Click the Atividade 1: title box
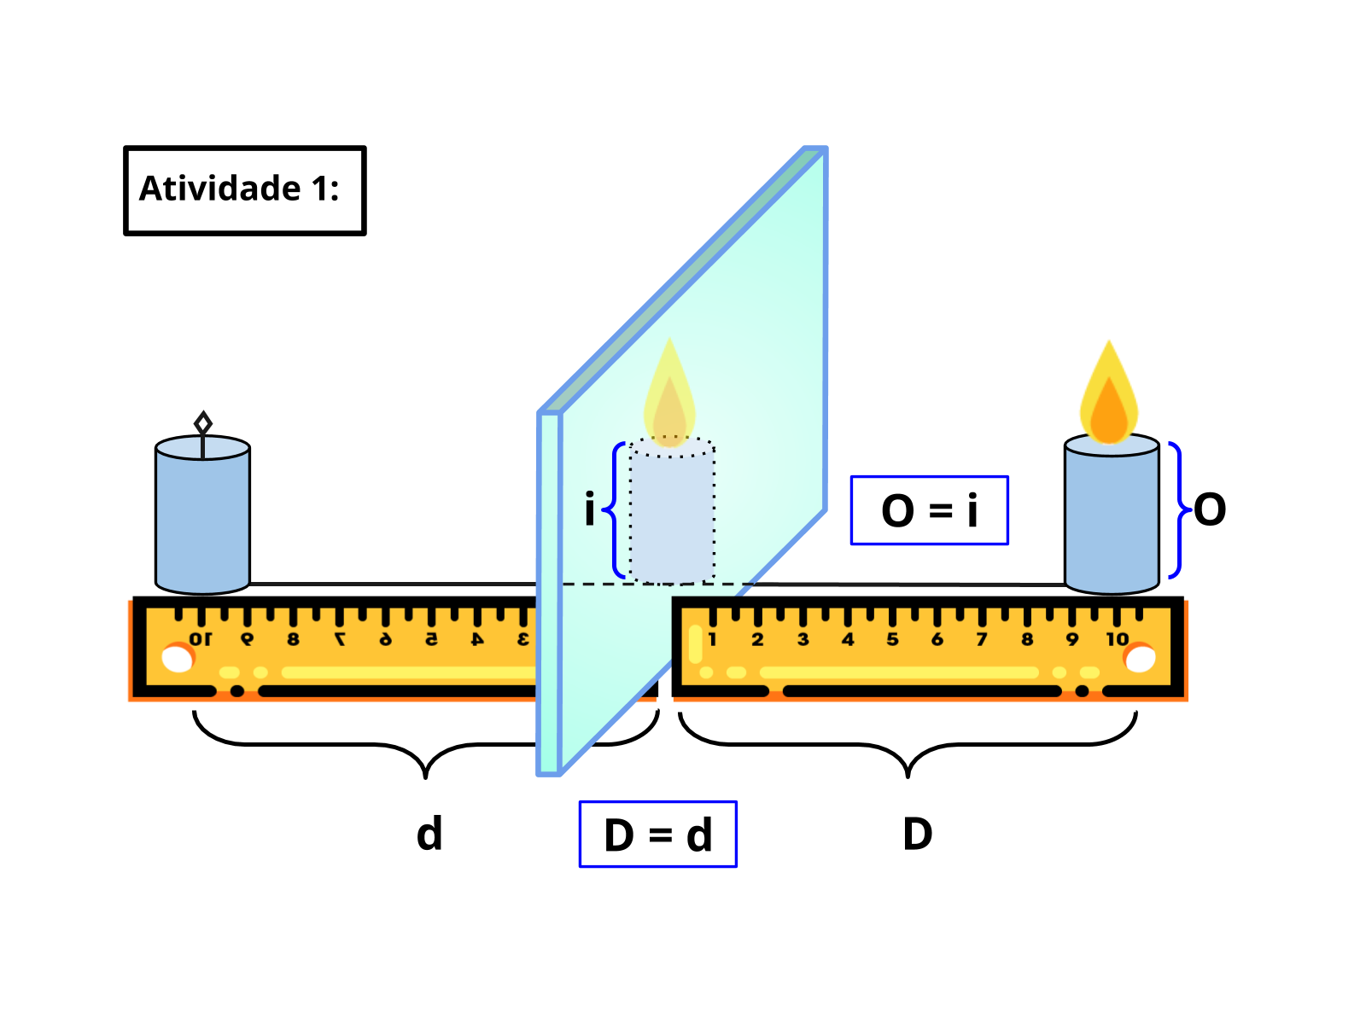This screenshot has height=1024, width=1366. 245,190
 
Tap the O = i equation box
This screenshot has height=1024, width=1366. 929,510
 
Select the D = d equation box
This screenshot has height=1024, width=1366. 657,835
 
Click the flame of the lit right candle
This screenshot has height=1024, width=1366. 1108,397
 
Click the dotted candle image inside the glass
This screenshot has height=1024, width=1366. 672,512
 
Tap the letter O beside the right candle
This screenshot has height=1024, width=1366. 1210,509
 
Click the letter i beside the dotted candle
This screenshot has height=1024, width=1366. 589,509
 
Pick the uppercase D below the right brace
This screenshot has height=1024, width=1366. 918,834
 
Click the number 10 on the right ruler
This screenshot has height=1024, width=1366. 1117,639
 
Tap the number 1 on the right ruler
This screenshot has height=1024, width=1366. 712,639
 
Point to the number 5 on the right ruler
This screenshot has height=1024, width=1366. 892,639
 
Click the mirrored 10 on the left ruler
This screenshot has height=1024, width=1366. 201,639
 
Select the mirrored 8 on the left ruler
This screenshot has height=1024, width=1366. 293,639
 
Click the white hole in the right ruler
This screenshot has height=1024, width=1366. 1140,659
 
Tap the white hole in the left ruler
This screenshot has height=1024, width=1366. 178,659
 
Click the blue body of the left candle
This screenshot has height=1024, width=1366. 202,521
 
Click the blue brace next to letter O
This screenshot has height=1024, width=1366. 1176,509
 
